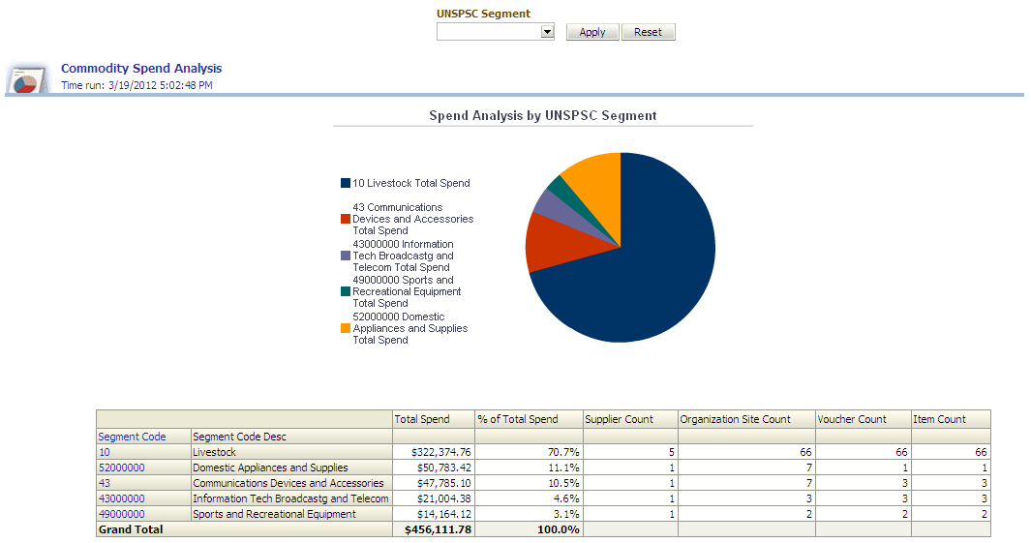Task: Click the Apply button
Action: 591,32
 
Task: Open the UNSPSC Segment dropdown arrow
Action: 547,32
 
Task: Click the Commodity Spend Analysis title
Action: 141,69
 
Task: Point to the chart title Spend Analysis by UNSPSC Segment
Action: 542,115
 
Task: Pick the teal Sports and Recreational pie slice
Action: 556,186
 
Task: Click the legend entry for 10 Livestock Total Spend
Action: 410,183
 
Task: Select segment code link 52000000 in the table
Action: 121,468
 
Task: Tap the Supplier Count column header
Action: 619,419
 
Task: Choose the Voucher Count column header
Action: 852,419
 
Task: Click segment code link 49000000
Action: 121,514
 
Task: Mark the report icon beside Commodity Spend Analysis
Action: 28,79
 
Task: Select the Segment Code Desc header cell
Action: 240,437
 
